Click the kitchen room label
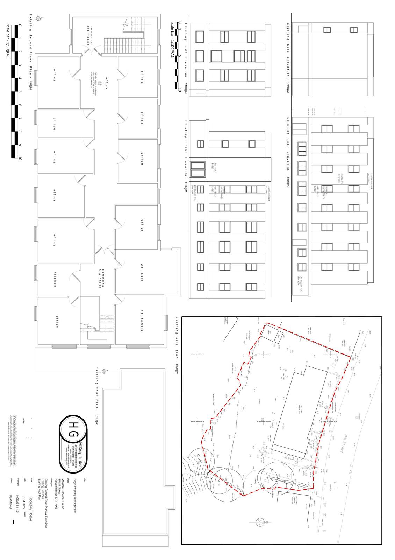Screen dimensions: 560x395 55,279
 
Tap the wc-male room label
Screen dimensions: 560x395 142,272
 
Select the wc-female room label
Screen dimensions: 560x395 142,320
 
